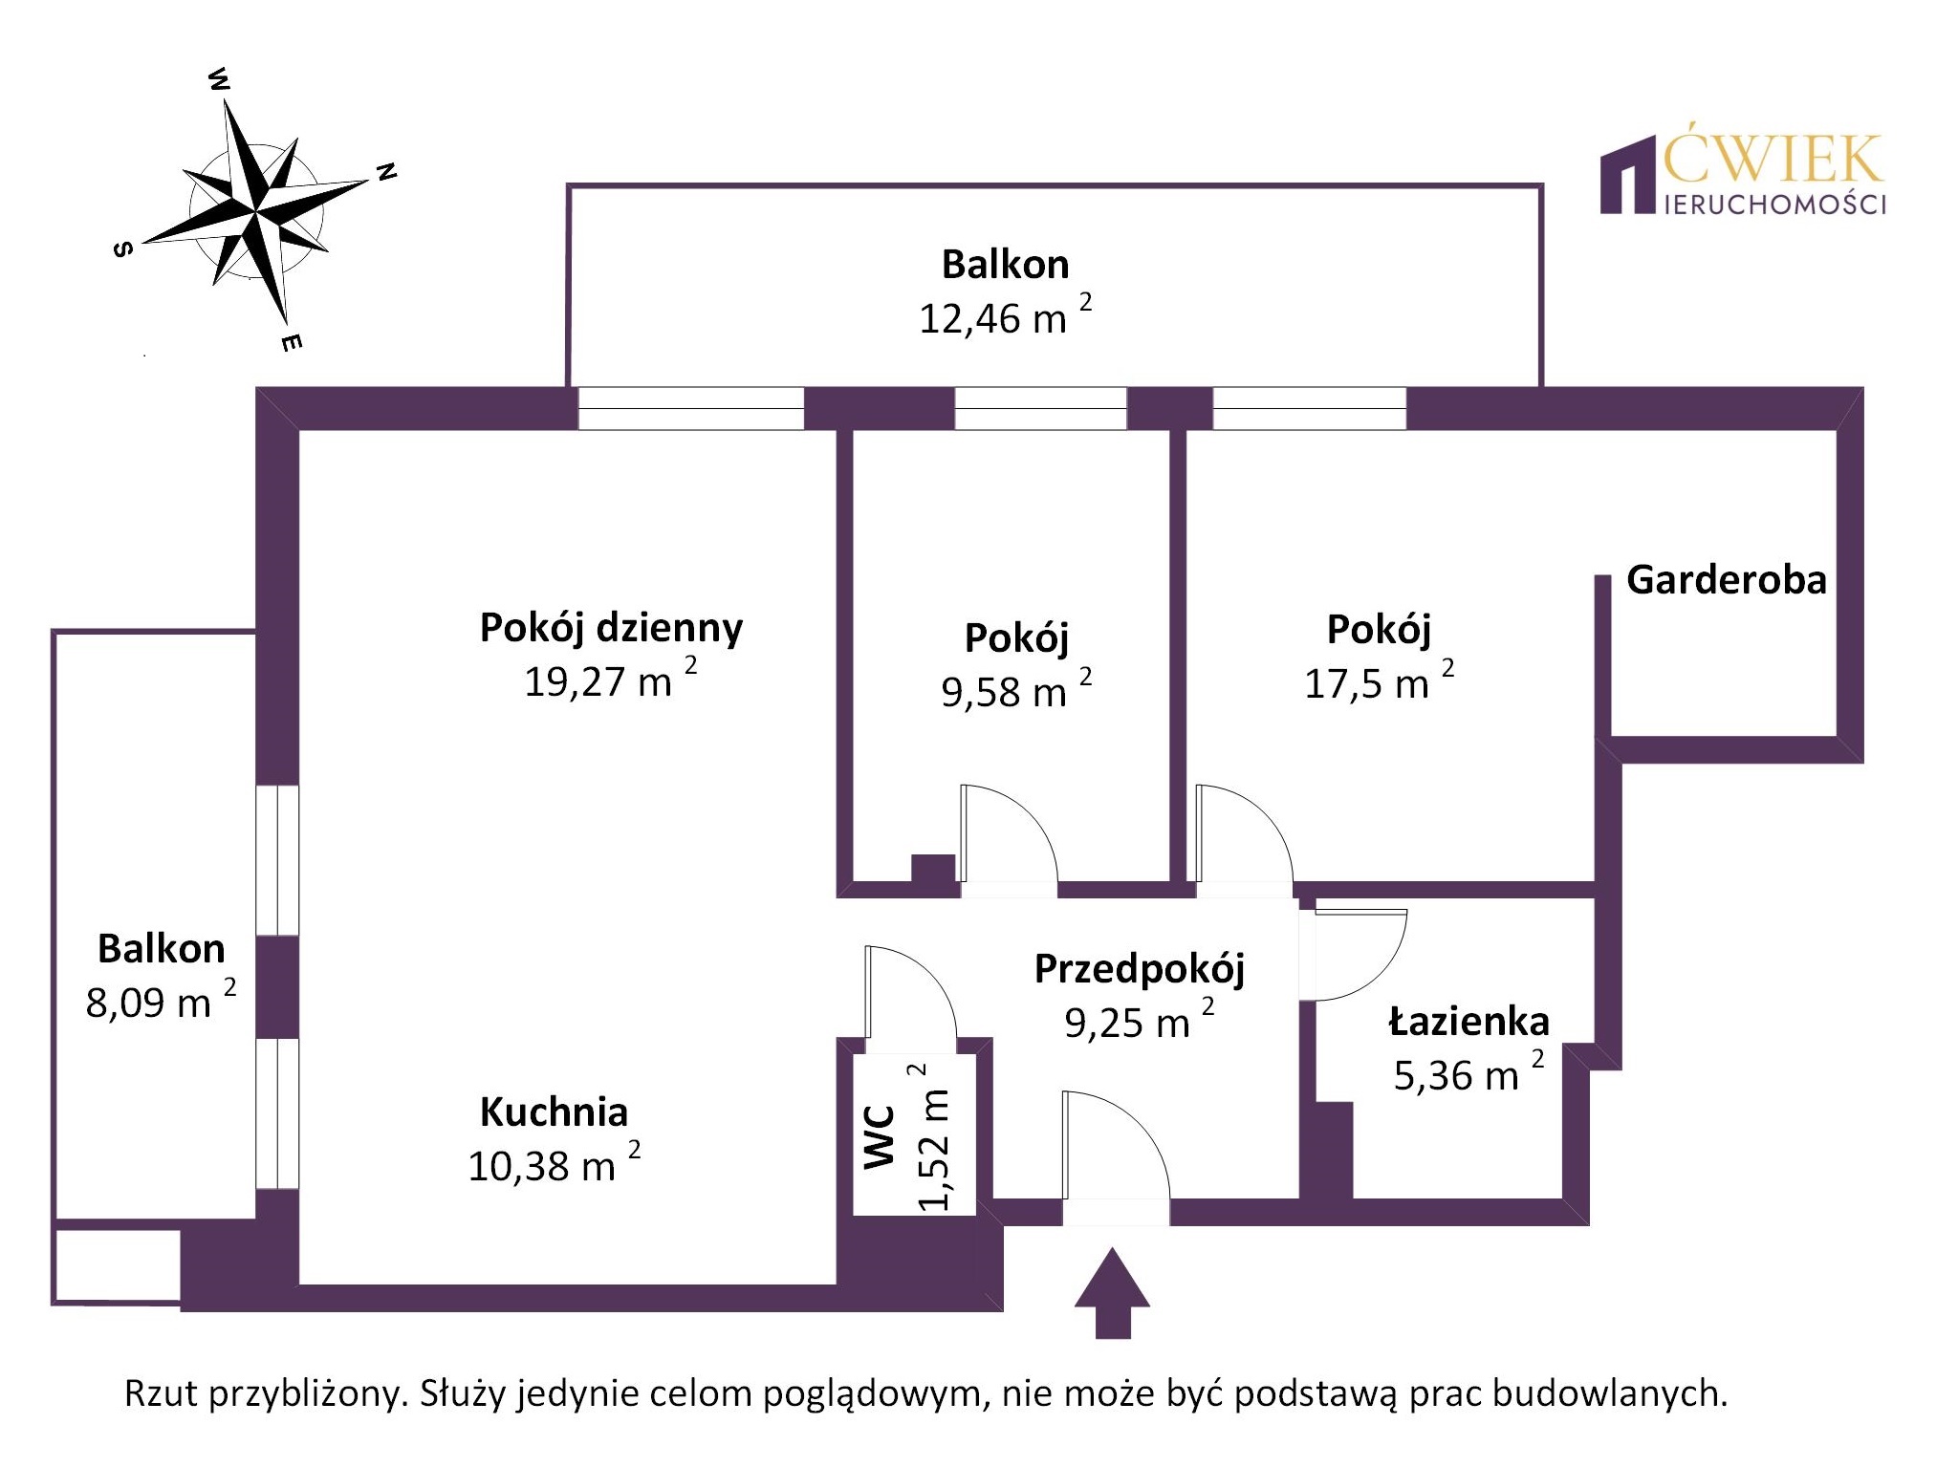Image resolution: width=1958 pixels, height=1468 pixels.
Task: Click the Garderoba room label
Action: point(1726,580)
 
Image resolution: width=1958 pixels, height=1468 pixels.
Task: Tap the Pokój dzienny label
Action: point(611,628)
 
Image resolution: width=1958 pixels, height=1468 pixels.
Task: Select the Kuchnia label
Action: point(554,1112)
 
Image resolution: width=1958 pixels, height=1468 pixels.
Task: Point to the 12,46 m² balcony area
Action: point(1004,317)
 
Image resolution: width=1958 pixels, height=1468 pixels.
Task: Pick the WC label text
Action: point(880,1136)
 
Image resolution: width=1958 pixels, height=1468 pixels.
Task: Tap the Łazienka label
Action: point(1468,1022)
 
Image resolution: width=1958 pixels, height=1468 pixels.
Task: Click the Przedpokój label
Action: point(1140,969)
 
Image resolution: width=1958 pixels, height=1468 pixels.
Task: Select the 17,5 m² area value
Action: point(1378,683)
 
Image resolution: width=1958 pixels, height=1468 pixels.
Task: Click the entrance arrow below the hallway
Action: point(1112,1291)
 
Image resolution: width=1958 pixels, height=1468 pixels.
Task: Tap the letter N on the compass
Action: point(386,172)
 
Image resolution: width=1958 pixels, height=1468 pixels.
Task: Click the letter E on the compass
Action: point(293,341)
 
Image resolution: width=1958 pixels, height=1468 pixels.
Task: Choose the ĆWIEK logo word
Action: point(1773,160)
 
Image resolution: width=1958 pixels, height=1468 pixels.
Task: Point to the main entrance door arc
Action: point(1128,1137)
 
